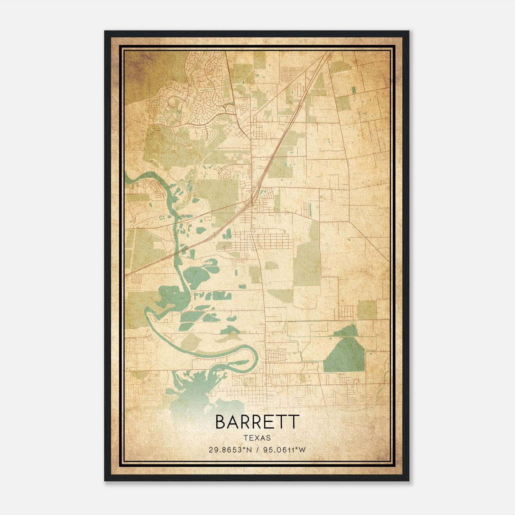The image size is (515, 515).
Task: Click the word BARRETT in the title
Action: point(257,422)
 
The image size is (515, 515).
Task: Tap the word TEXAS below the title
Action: point(257,438)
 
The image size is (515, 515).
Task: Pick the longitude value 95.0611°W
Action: point(284,450)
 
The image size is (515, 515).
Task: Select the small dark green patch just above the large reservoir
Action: point(347,330)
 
